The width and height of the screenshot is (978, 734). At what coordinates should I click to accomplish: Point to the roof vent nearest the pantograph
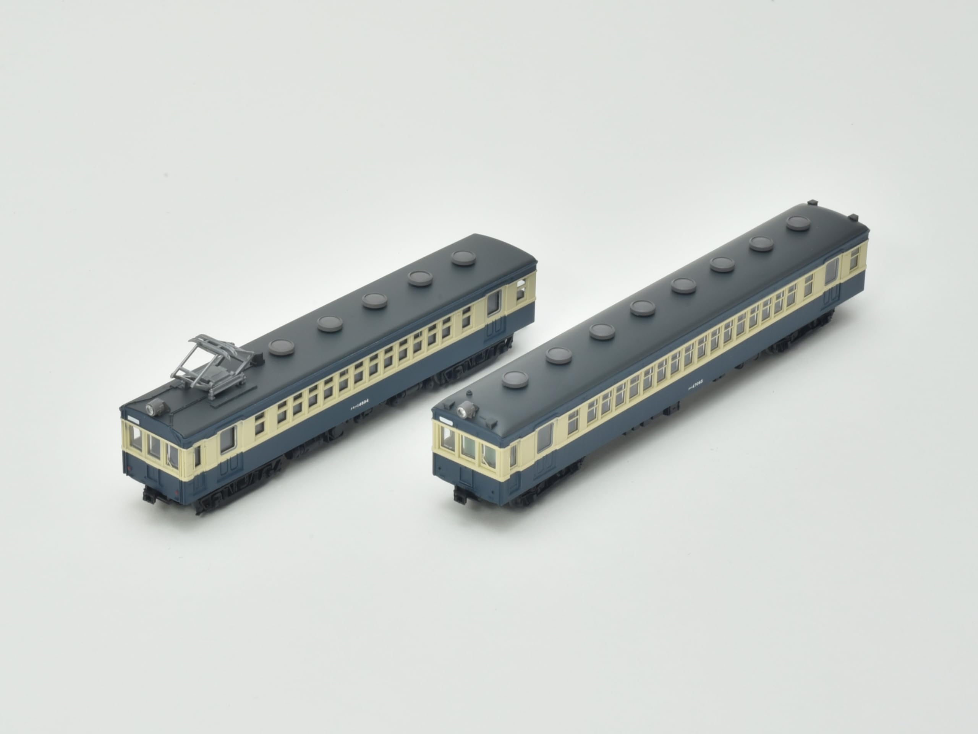click(x=282, y=347)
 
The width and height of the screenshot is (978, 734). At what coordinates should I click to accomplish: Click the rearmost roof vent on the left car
click(x=463, y=258)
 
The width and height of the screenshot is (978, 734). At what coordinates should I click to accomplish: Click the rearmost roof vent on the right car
click(x=798, y=223)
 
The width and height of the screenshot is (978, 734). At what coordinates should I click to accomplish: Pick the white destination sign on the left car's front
click(x=133, y=416)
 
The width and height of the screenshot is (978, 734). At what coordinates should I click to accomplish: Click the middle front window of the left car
click(x=154, y=447)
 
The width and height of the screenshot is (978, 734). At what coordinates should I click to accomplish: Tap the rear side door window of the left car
click(x=494, y=303)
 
